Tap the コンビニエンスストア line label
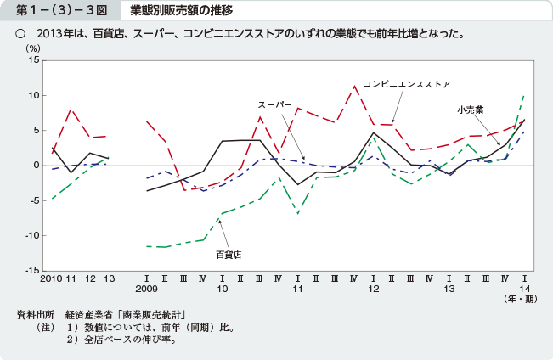point(407,84)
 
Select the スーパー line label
point(275,104)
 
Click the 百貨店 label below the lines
point(228,254)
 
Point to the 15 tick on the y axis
point(33,60)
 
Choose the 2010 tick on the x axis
point(51,278)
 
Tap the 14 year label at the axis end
point(525,289)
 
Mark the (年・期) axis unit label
point(518,300)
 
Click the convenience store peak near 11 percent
point(355,87)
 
